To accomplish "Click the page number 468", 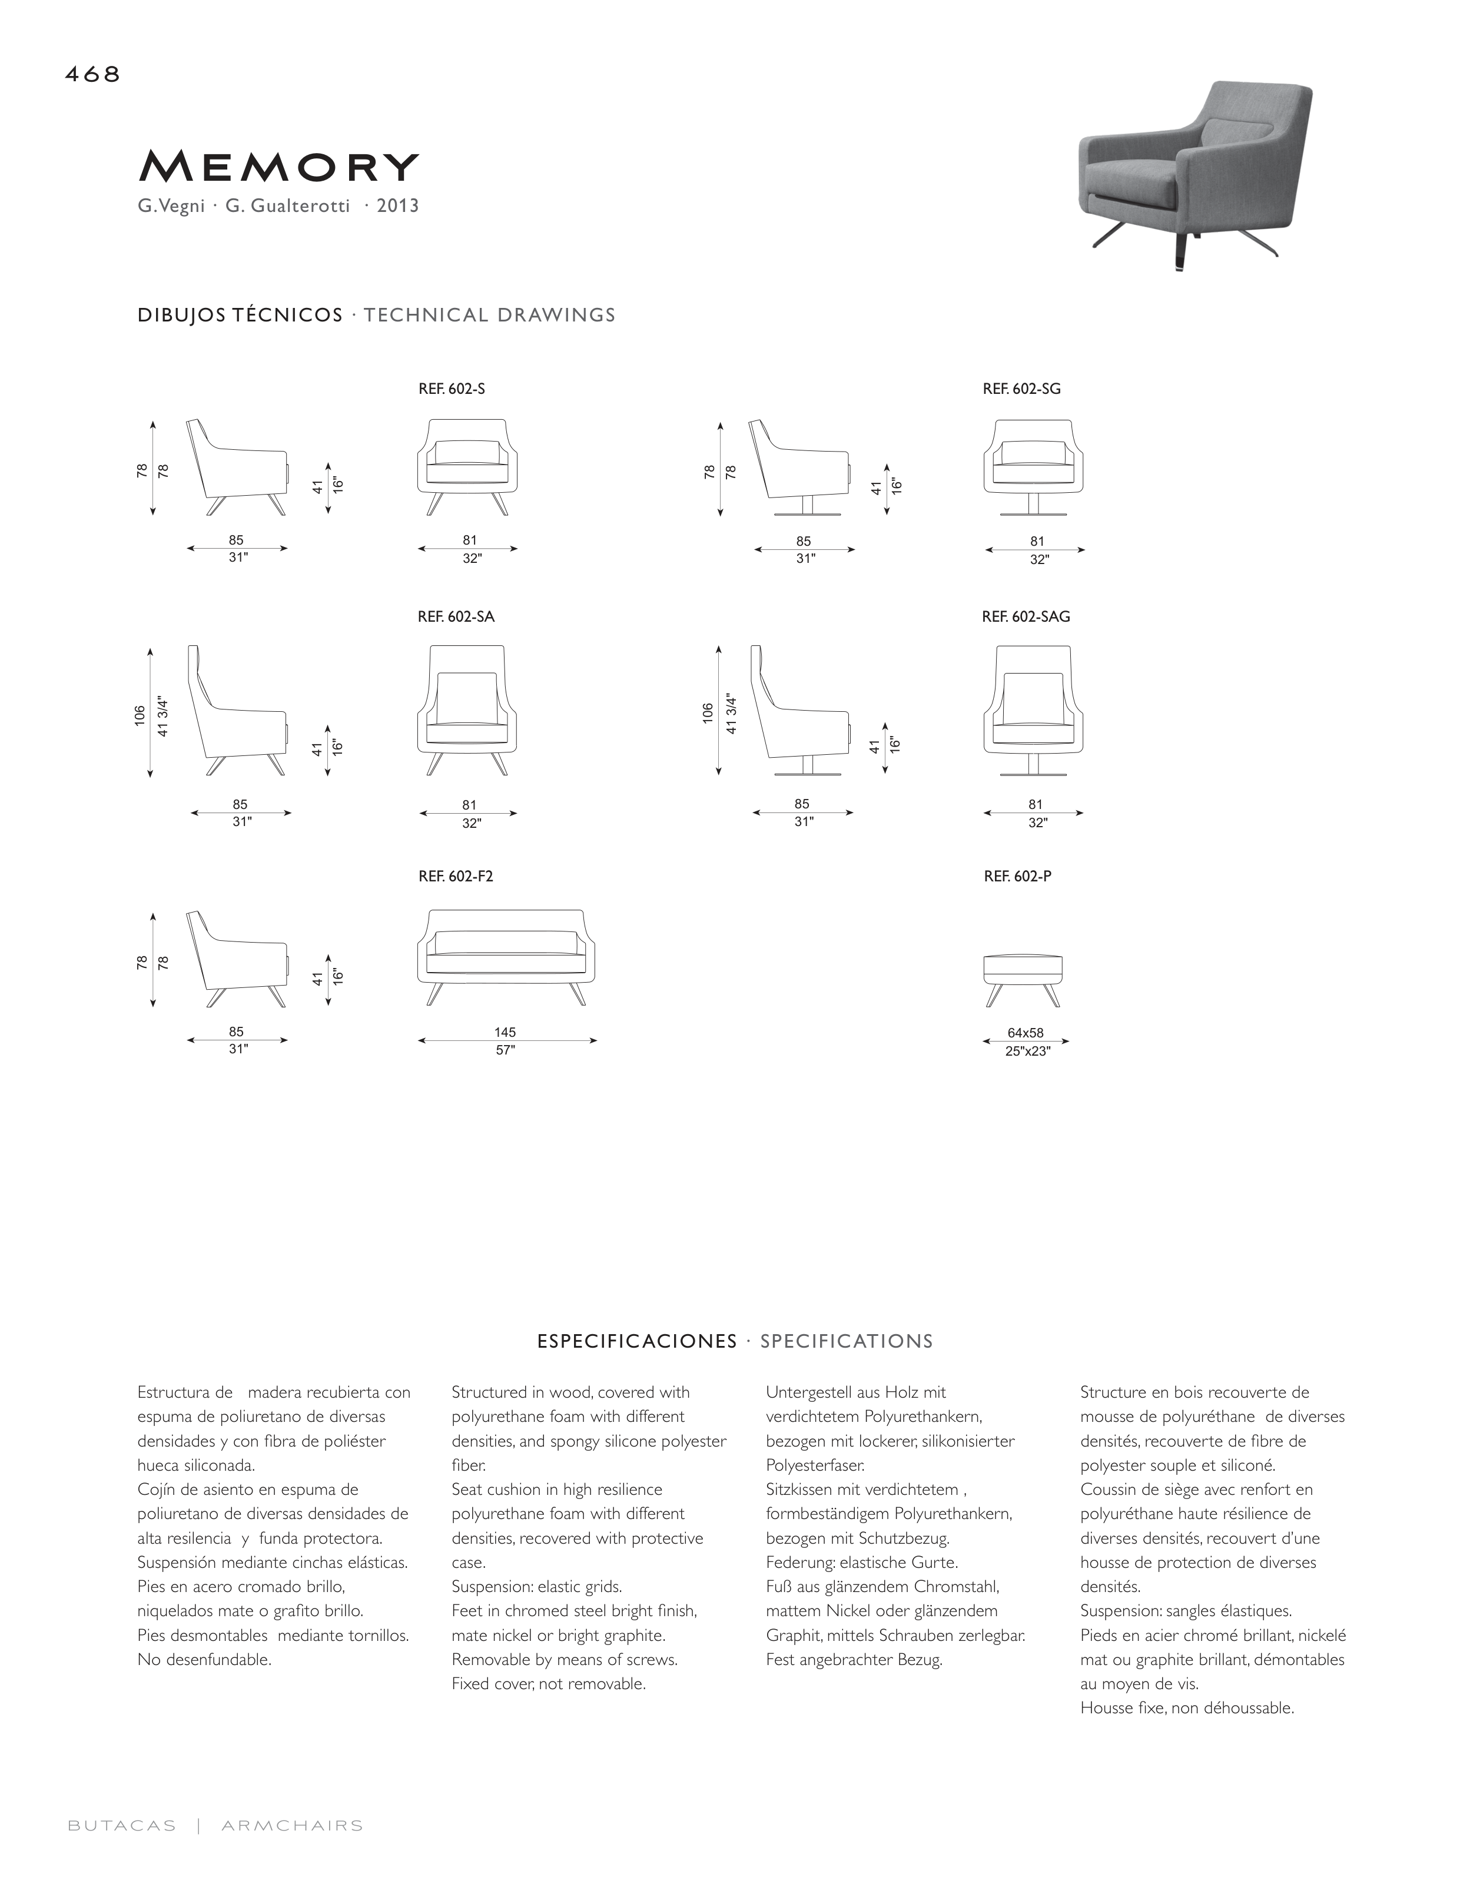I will [x=92, y=75].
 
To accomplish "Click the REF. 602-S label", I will [x=451, y=389].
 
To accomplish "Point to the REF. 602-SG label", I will [x=1021, y=389].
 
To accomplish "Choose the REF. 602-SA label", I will [x=455, y=617].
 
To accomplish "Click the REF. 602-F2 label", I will [x=455, y=877].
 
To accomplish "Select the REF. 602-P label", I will [x=1017, y=877].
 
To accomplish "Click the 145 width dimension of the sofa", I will [x=505, y=1032].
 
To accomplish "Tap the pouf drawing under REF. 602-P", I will [x=1023, y=979].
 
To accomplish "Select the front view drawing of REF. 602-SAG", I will [x=1034, y=710].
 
